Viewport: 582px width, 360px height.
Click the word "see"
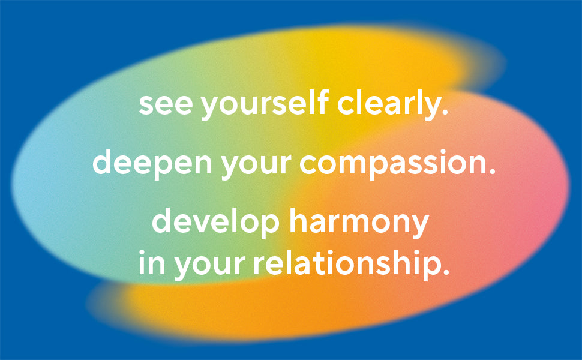pos(166,104)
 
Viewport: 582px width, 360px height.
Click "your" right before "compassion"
pos(256,166)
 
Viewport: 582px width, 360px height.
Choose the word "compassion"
pos(393,163)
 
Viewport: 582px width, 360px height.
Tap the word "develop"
pos(215,222)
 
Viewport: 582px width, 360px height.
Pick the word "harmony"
pos(359,222)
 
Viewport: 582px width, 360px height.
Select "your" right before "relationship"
pos(210,265)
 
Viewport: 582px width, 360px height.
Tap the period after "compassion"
pos(492,170)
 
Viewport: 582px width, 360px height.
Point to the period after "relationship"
pos(445,270)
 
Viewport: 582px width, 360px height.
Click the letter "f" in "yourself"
pos(323,101)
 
